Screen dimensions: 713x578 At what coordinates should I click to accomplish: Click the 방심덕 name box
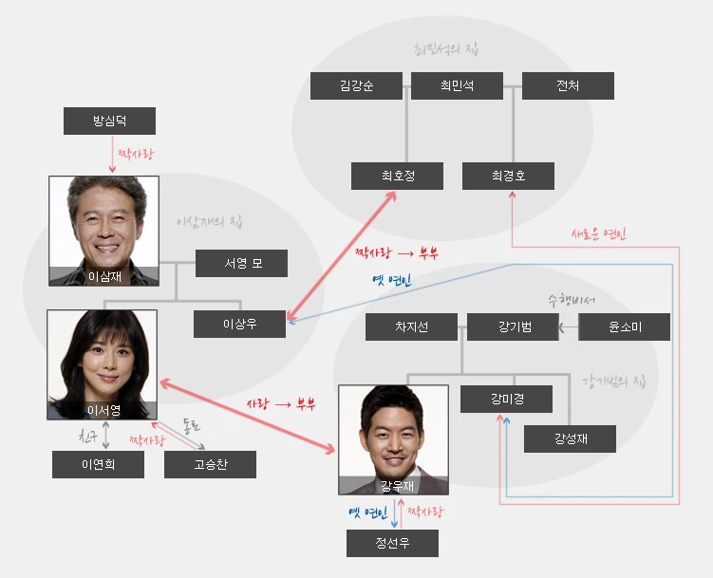pyautogui.click(x=109, y=121)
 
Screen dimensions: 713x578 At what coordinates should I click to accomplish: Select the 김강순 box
pyautogui.click(x=356, y=86)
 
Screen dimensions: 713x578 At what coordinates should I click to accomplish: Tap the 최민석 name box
pyautogui.click(x=457, y=86)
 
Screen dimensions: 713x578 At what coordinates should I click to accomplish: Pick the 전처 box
pyautogui.click(x=568, y=86)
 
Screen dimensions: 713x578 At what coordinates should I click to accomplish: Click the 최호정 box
pyautogui.click(x=398, y=176)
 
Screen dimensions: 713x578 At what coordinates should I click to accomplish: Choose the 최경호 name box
pyautogui.click(x=508, y=176)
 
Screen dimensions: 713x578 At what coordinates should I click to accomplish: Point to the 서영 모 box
pyautogui.click(x=241, y=264)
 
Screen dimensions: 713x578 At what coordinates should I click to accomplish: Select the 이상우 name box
pyautogui.click(x=239, y=325)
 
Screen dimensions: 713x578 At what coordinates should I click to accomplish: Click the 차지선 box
pyautogui.click(x=412, y=327)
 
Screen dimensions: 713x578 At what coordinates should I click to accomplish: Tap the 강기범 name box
pyautogui.click(x=513, y=327)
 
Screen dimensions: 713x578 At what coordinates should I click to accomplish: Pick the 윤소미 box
pyautogui.click(x=624, y=327)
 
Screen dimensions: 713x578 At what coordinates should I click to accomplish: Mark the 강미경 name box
pyautogui.click(x=507, y=400)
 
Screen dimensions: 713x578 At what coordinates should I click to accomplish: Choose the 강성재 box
pyautogui.click(x=570, y=438)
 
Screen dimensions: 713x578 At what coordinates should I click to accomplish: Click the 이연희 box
pyautogui.click(x=98, y=464)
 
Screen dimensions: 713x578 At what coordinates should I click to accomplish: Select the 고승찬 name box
pyautogui.click(x=210, y=464)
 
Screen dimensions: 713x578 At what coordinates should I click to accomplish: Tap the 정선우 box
pyautogui.click(x=392, y=544)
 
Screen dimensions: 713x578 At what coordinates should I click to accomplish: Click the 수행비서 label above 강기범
pyautogui.click(x=571, y=301)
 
